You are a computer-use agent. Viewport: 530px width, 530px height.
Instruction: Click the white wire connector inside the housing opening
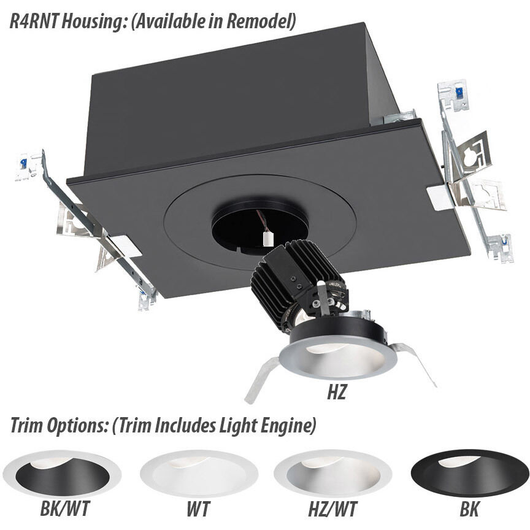click(x=268, y=239)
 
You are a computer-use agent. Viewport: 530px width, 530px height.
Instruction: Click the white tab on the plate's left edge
click(x=125, y=246)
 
